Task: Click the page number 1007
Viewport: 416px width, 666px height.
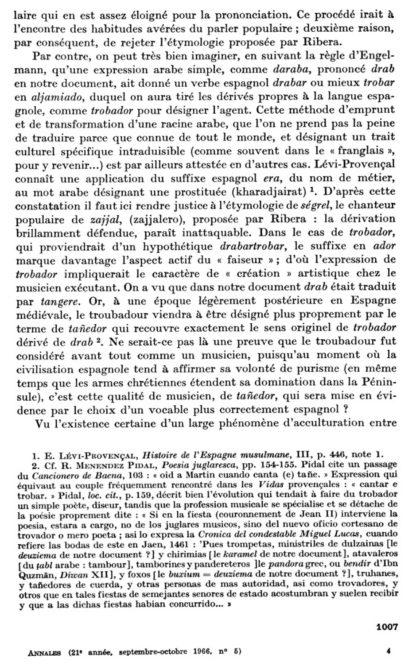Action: (387, 627)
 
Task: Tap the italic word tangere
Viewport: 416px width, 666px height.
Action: (57, 302)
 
